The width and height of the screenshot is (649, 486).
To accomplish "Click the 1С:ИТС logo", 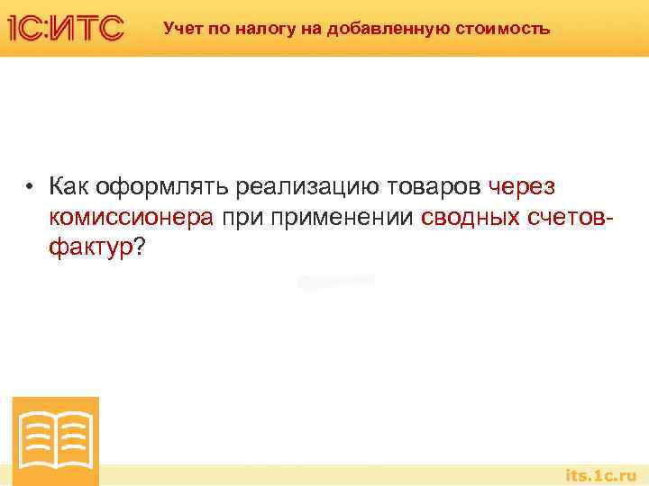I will tap(65, 28).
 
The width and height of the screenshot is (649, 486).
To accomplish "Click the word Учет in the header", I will tap(180, 28).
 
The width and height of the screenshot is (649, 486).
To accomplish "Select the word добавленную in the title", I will tap(365, 28).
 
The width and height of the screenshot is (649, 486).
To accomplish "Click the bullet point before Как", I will tap(31, 187).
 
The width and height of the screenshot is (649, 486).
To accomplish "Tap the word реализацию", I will tap(310, 187).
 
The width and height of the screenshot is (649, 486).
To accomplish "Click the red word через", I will tap(522, 187).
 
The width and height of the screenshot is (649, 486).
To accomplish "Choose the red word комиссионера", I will tap(131, 218).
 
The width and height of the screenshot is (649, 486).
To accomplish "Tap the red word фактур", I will tap(90, 247).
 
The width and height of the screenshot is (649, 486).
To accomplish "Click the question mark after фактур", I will tap(139, 247).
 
